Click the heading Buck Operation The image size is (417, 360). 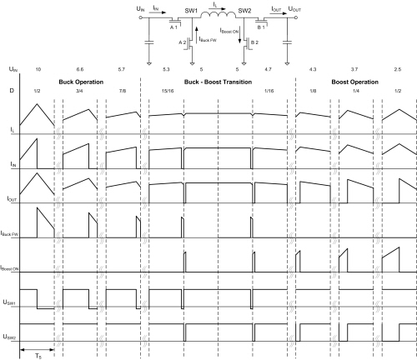[x=81, y=82]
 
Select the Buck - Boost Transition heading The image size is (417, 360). [x=218, y=82]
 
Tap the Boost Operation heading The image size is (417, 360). [x=354, y=82]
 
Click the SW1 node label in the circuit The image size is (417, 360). [x=191, y=11]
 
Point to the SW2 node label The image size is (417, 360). [x=244, y=11]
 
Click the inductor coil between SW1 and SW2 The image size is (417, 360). [x=219, y=15]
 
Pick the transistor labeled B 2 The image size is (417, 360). [x=247, y=43]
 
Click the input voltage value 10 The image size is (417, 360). [x=38, y=69]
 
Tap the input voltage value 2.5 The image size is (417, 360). [x=398, y=69]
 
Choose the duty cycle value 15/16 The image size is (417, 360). [x=168, y=91]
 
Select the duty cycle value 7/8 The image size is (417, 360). [x=123, y=91]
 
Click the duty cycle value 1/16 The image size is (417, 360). [x=269, y=91]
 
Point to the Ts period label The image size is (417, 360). [x=38, y=356]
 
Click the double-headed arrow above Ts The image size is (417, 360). [x=37, y=349]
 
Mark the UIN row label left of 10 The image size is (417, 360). [x=13, y=69]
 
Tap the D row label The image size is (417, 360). [x=12, y=91]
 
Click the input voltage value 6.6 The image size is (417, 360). [x=80, y=69]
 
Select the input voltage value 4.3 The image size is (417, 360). [x=313, y=69]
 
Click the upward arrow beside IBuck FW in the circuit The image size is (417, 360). [x=197, y=35]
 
